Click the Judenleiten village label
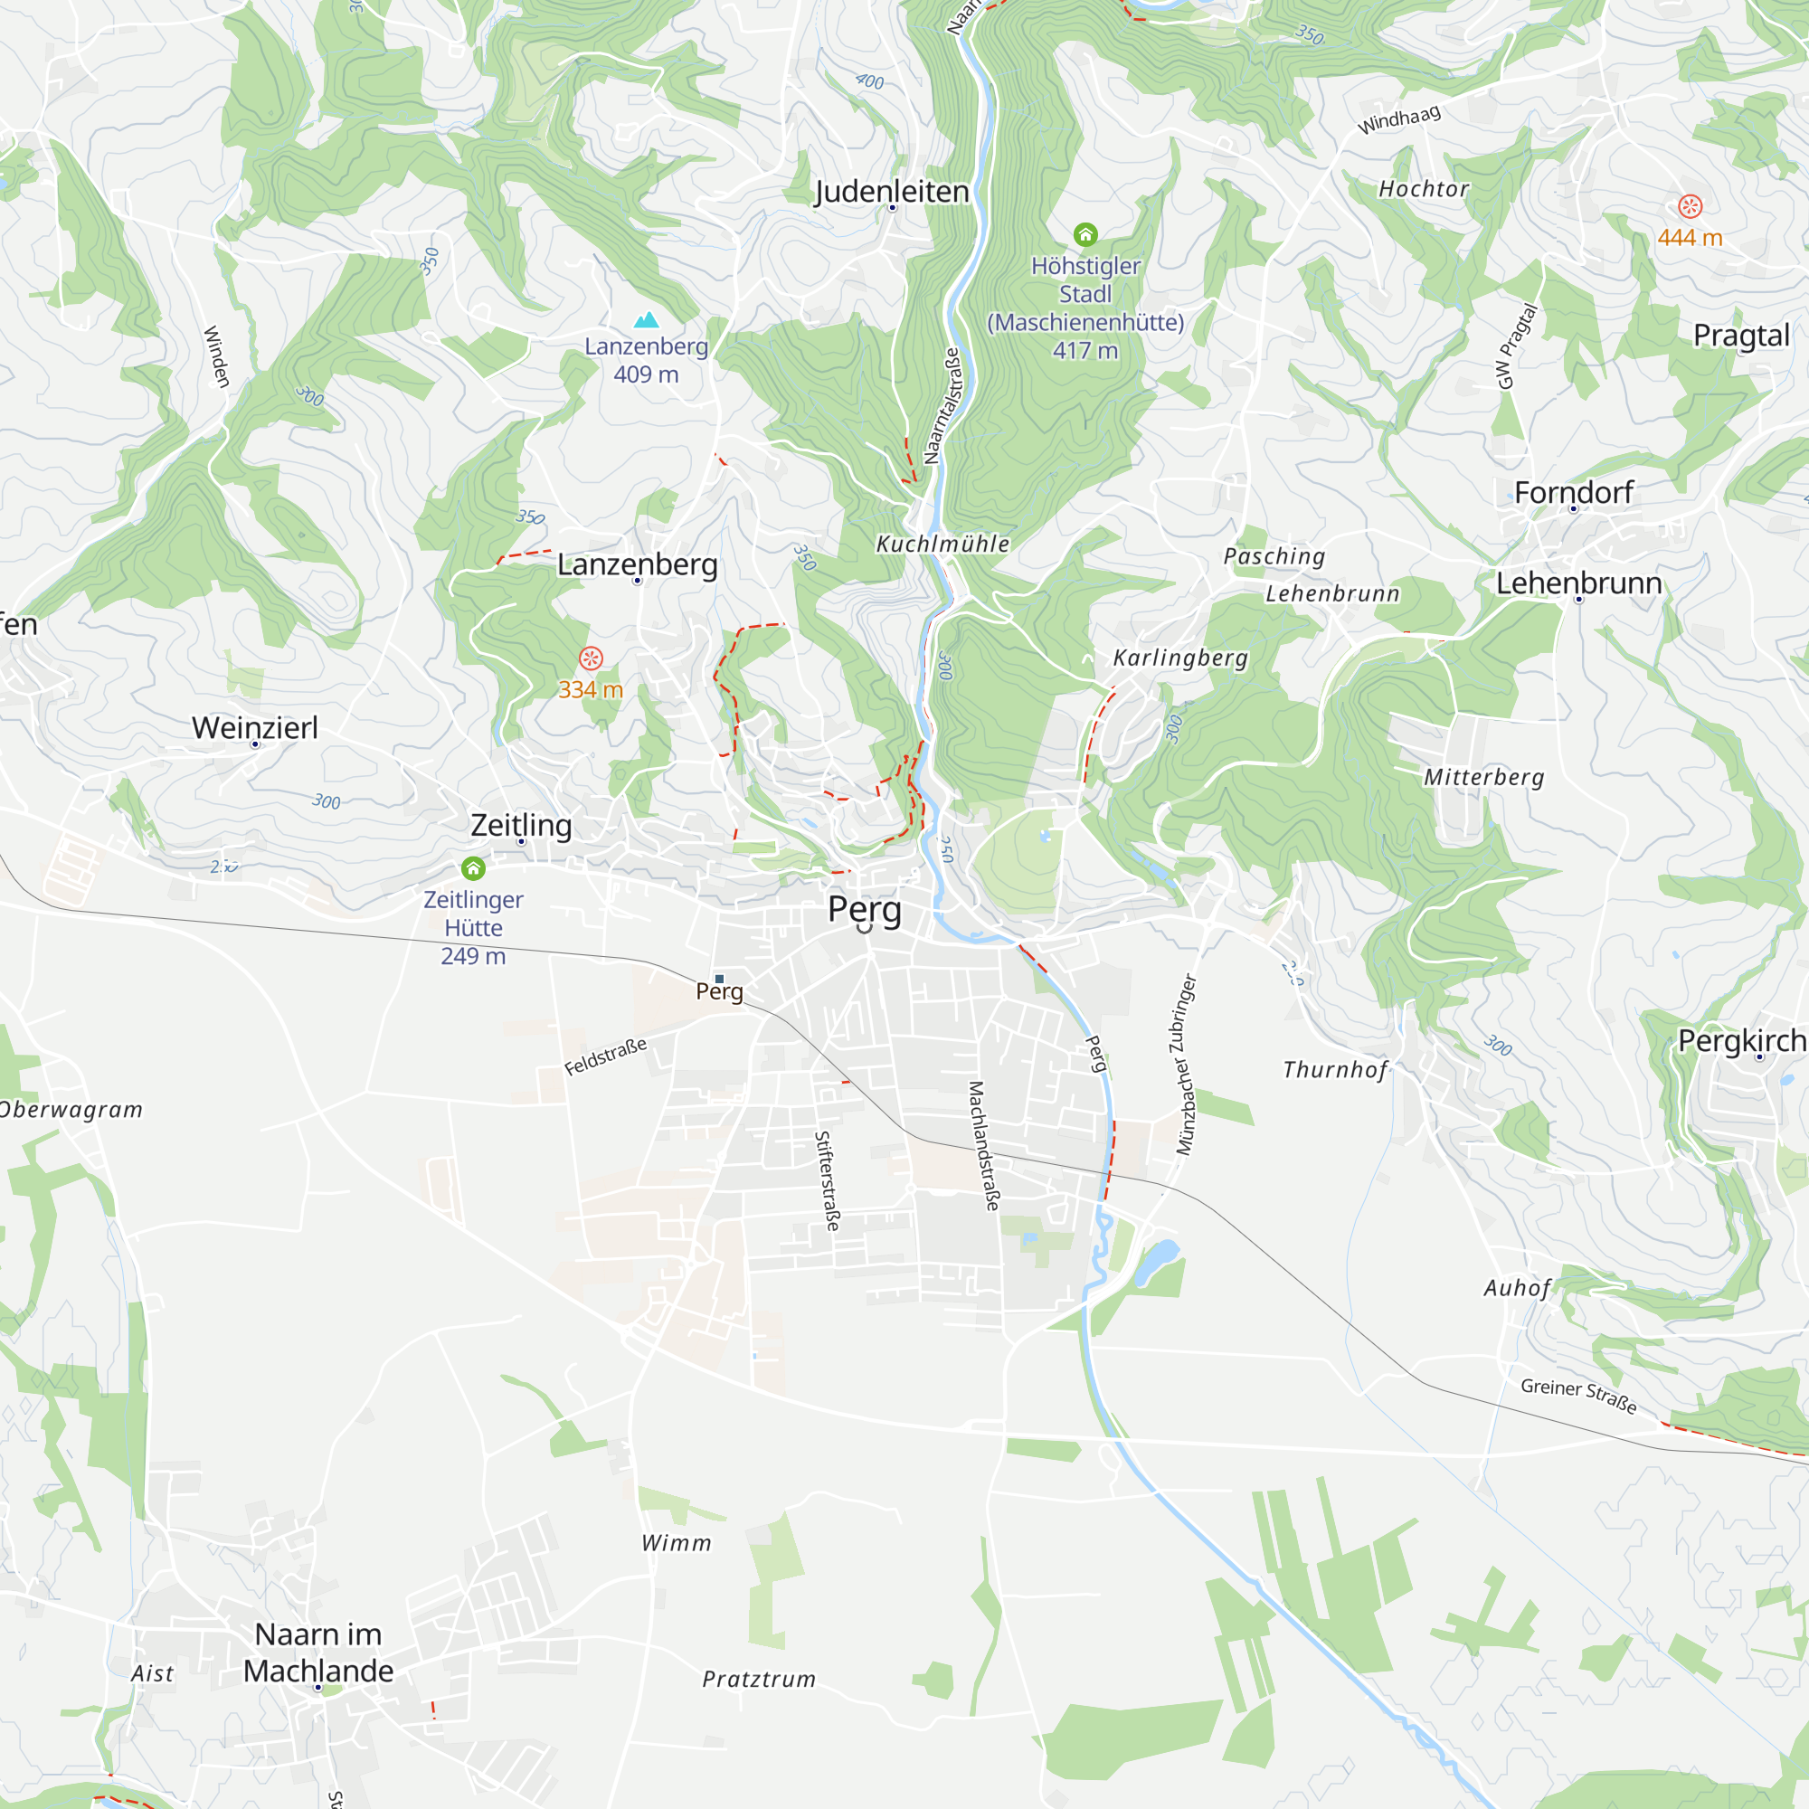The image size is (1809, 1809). click(x=892, y=191)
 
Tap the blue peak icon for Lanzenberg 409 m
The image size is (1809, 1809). click(x=646, y=320)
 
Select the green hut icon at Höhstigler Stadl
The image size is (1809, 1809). click(x=1085, y=234)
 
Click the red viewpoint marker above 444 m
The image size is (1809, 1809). click(x=1689, y=206)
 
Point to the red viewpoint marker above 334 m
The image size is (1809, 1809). click(x=590, y=658)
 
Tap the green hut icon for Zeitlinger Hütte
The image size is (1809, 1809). click(x=474, y=869)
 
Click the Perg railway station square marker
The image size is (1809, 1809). click(x=719, y=980)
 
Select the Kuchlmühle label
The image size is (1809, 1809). click(x=942, y=544)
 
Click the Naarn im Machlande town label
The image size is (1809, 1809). click(x=318, y=1653)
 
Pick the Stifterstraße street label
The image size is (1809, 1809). click(x=827, y=1180)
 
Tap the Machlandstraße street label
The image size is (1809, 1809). click(x=984, y=1146)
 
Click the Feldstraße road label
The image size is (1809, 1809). click(x=606, y=1056)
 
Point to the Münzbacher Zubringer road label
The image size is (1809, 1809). click(x=1187, y=1065)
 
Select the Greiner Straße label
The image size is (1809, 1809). click(x=1578, y=1395)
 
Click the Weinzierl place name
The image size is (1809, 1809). click(x=255, y=727)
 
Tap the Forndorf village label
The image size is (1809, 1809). click(x=1573, y=493)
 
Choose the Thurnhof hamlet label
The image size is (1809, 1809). click(x=1334, y=1069)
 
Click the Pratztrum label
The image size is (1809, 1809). click(x=759, y=1679)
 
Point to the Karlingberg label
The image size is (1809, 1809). click(x=1179, y=658)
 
